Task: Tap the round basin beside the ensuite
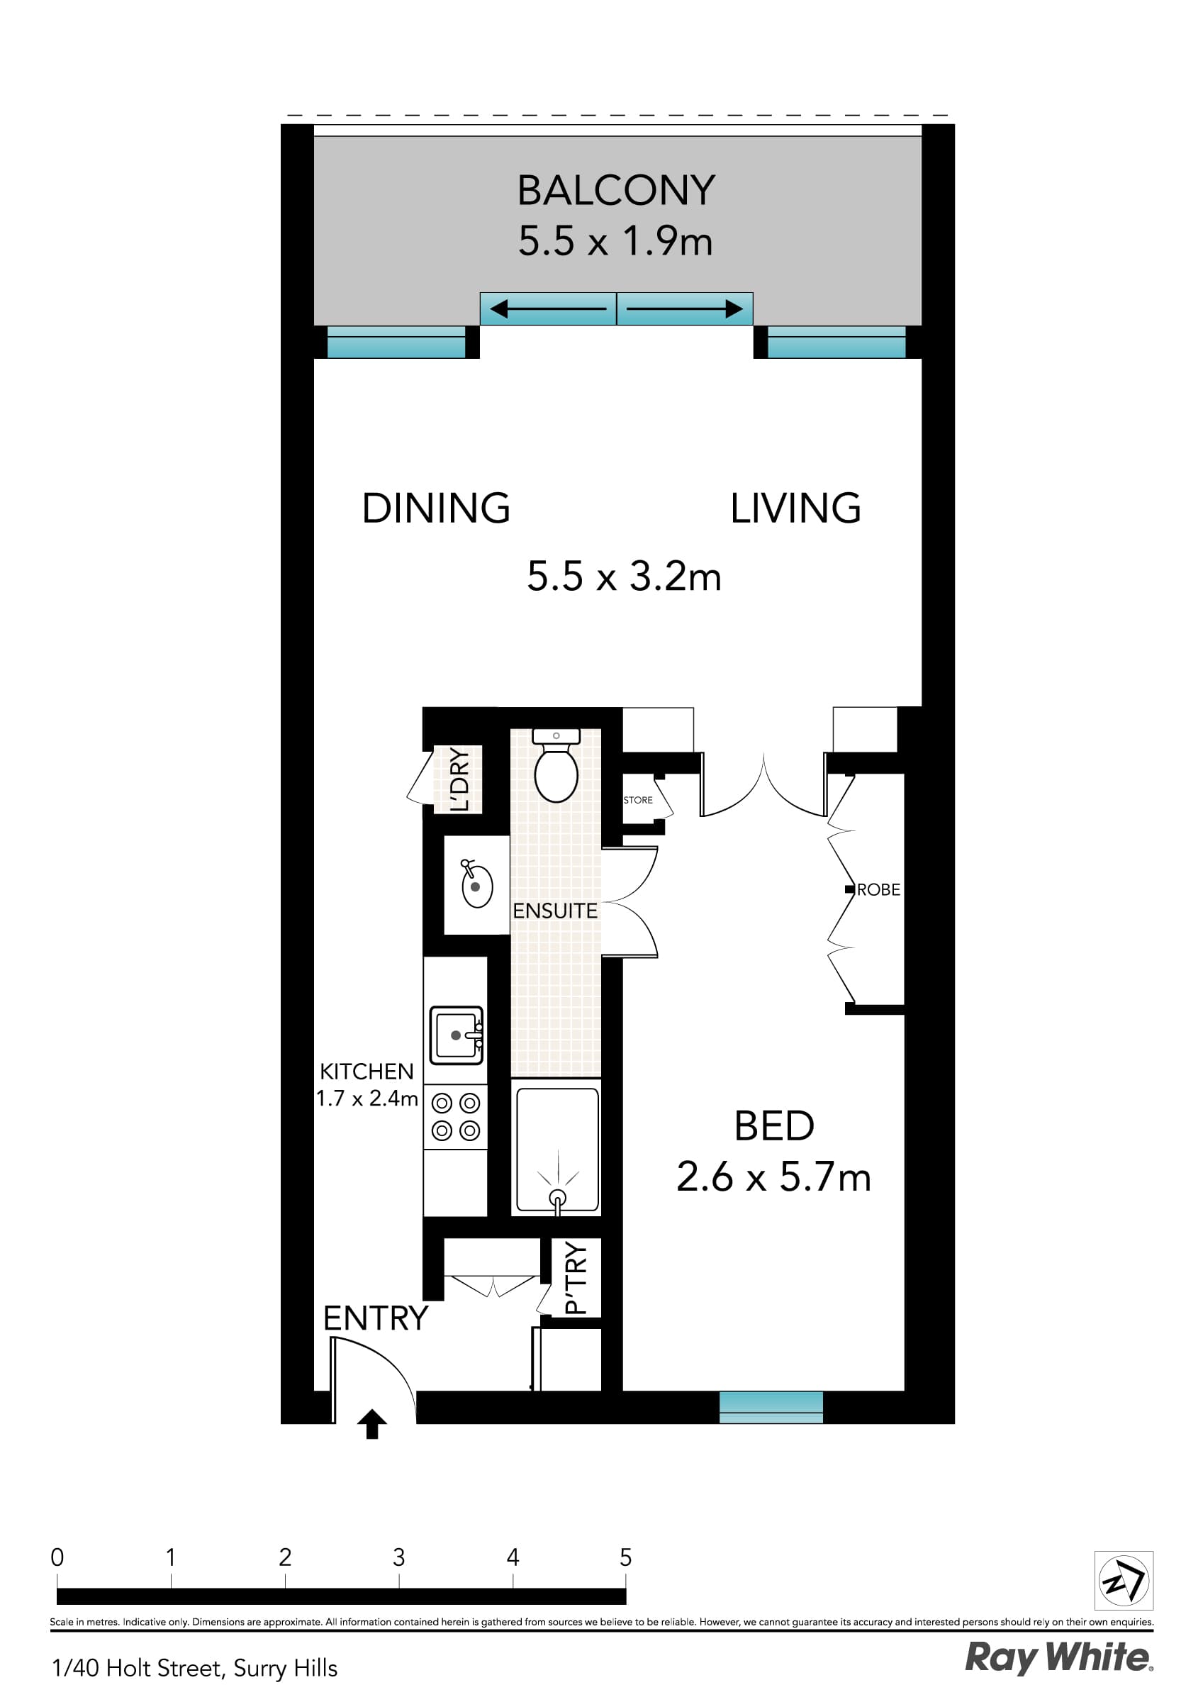click(x=476, y=886)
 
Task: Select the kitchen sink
click(x=456, y=1035)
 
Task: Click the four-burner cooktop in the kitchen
click(x=456, y=1116)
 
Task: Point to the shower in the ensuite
click(x=556, y=1150)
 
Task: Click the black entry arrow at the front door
click(x=372, y=1423)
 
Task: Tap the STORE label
click(x=637, y=800)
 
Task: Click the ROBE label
click(x=878, y=889)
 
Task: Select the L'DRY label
click(x=459, y=779)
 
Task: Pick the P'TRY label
click(x=576, y=1277)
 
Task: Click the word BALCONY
click(x=615, y=191)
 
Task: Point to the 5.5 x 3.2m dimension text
click(x=623, y=576)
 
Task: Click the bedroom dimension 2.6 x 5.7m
click(x=773, y=1177)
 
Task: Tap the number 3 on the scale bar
click(x=399, y=1557)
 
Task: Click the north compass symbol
click(x=1123, y=1580)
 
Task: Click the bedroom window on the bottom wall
click(x=771, y=1406)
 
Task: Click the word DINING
click(x=436, y=508)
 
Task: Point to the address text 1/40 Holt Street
click(x=194, y=1668)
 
